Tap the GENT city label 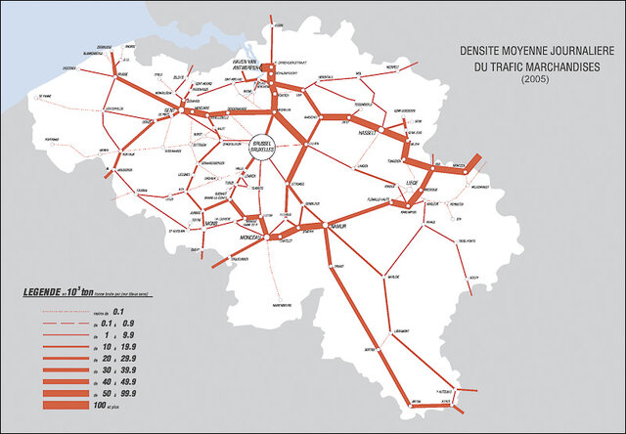pyautogui.click(x=168, y=110)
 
